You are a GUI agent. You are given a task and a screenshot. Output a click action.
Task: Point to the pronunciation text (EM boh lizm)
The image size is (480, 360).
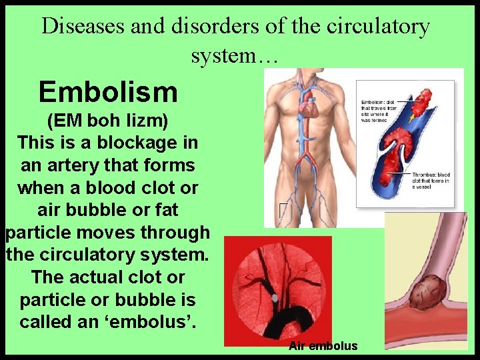pyautogui.click(x=107, y=121)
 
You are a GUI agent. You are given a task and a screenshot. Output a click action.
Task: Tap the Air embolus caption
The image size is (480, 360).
pyautogui.click(x=323, y=346)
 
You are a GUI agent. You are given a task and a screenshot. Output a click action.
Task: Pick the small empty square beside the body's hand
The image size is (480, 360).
pyautogui.click(x=284, y=211)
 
